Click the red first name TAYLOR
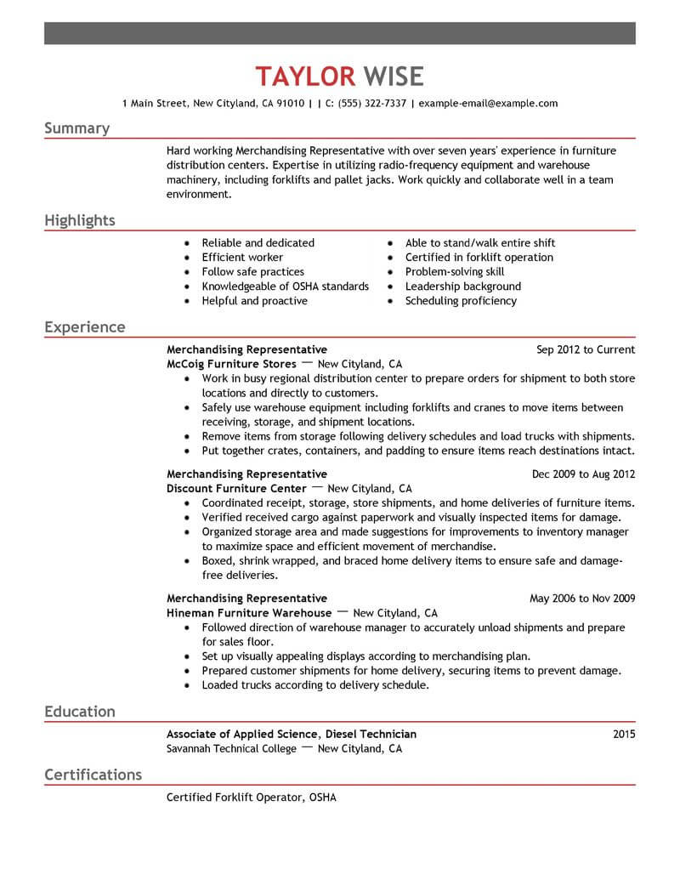pyautogui.click(x=305, y=77)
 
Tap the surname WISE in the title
pyautogui.click(x=393, y=77)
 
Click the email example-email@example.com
pyautogui.click(x=489, y=104)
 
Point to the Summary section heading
pyautogui.click(x=76, y=128)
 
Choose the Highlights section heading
pyautogui.click(x=79, y=221)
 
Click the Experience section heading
pyautogui.click(x=84, y=327)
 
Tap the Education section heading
pyautogui.click(x=79, y=712)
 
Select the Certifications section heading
pyautogui.click(x=93, y=775)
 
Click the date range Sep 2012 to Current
pyautogui.click(x=586, y=349)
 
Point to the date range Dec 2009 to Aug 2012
pyautogui.click(x=583, y=474)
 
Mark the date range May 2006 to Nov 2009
pyautogui.click(x=582, y=599)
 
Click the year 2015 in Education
pyautogui.click(x=623, y=734)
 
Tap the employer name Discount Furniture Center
pyautogui.click(x=236, y=489)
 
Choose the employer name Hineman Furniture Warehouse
pyautogui.click(x=249, y=613)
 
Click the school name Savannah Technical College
pyautogui.click(x=231, y=749)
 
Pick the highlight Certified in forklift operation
pyautogui.click(x=479, y=258)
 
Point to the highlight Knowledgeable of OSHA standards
pyautogui.click(x=285, y=287)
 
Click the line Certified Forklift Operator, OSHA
pyautogui.click(x=252, y=798)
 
